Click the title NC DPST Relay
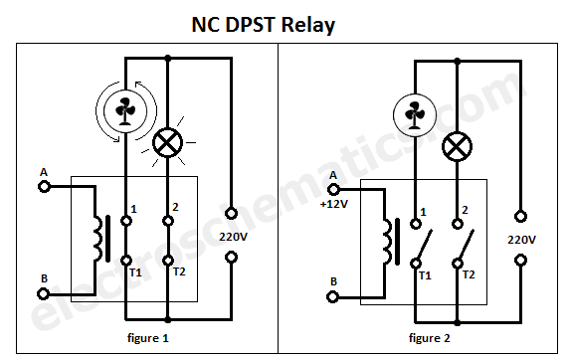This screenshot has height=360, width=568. pos(263,24)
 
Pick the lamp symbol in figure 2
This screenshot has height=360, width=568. pos(457,147)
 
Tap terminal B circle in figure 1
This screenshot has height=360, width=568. pos(44,293)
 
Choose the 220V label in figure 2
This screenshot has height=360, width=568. pos(521,240)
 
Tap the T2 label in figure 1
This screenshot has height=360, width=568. pos(179,271)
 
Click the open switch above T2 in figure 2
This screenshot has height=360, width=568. pos(465,240)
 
